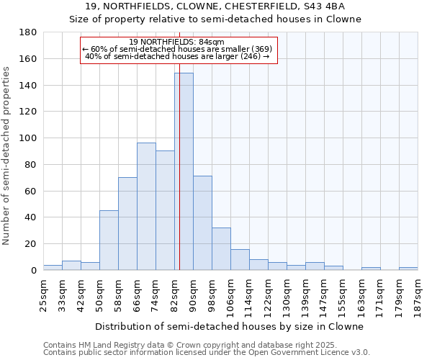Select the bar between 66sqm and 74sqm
(x=146, y=206)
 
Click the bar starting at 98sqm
(x=221, y=248)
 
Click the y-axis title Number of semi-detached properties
(x=7, y=156)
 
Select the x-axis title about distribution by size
(x=229, y=326)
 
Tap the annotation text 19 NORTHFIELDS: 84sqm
(x=177, y=42)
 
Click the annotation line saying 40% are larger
(x=177, y=56)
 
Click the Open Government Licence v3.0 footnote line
(x=207, y=352)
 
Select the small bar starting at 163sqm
(x=371, y=269)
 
